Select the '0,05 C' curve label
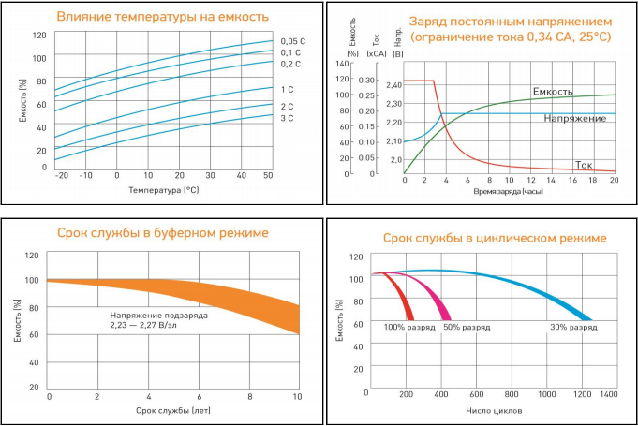[x=293, y=40]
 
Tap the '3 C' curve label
[x=287, y=118]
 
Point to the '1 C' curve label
[x=287, y=89]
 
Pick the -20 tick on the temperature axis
[x=62, y=175]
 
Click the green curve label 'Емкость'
[x=553, y=92]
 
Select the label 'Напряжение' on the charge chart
[x=572, y=119]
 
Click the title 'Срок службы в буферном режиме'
[x=163, y=232]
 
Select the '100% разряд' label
[x=408, y=329]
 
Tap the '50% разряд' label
[x=467, y=329]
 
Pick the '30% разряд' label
[x=573, y=329]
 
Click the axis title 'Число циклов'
[x=493, y=410]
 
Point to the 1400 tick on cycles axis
[x=609, y=395]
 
